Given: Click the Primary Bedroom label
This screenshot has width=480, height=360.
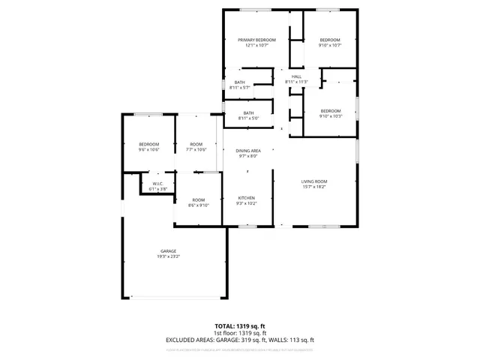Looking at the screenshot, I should [x=256, y=40].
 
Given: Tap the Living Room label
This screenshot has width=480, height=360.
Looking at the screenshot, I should [x=319, y=181].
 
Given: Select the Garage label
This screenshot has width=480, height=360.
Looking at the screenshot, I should [x=169, y=250].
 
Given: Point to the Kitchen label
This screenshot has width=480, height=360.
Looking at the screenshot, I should [x=247, y=198].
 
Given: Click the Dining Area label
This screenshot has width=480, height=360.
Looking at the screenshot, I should [x=247, y=151].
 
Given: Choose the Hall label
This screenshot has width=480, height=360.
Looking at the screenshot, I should [x=296, y=76].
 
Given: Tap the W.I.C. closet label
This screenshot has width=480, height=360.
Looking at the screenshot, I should [x=158, y=184].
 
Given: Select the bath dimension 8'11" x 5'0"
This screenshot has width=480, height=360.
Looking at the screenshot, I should [x=248, y=118].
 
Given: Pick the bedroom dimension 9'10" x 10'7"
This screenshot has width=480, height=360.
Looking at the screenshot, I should [x=330, y=45].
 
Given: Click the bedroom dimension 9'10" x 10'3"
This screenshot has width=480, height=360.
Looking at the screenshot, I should [x=330, y=115].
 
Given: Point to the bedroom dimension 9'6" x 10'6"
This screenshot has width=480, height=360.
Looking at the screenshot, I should [x=148, y=150].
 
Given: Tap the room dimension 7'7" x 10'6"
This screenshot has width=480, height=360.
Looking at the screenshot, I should [x=196, y=150].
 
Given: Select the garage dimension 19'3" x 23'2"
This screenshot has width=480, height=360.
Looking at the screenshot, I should [x=169, y=256].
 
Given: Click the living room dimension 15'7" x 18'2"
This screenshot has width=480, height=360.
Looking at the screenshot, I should [x=319, y=186].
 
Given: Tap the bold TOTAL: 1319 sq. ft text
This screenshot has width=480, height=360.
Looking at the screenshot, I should [x=240, y=326].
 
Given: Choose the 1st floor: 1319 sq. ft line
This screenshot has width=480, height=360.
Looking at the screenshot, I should [x=240, y=333].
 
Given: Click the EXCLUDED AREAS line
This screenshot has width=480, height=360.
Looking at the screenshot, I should [x=240, y=340].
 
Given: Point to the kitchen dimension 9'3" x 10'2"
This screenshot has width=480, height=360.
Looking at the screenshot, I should [x=247, y=203].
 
